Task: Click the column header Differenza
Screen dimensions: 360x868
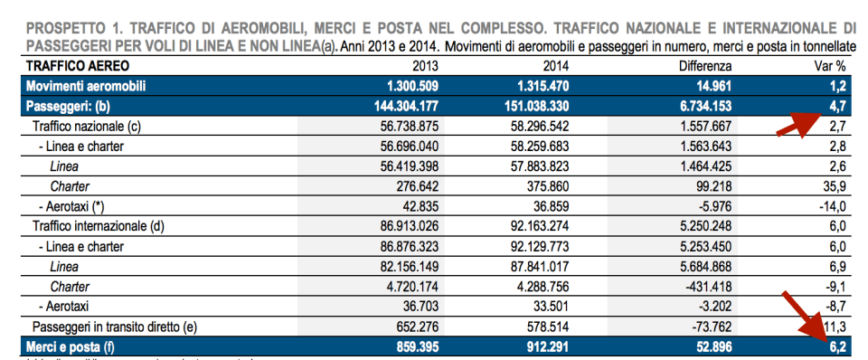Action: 705,66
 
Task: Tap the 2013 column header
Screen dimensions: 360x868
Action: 425,66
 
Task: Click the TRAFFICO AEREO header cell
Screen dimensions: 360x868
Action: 78,66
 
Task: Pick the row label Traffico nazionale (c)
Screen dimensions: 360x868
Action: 87,126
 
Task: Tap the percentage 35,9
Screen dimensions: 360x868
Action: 830,185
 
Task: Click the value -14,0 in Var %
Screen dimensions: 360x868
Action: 827,205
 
